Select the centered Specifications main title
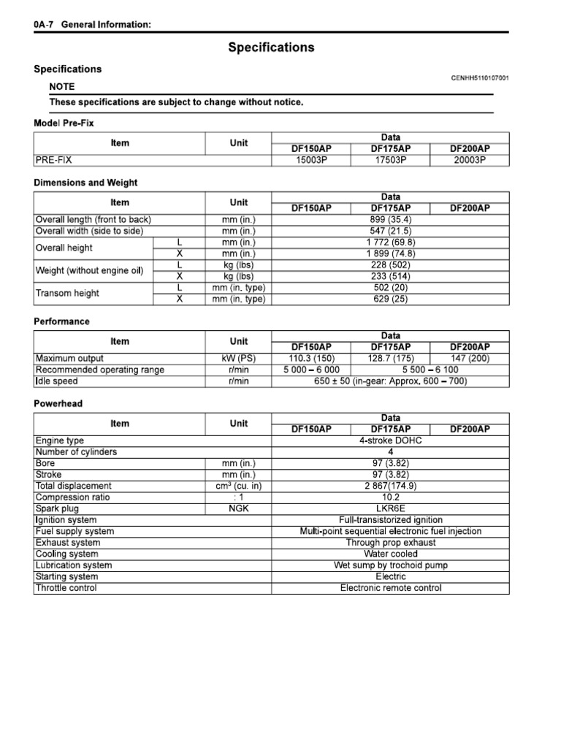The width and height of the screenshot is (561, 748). [x=271, y=47]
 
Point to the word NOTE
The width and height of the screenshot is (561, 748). [x=61, y=86]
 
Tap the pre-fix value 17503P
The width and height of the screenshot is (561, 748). [x=391, y=159]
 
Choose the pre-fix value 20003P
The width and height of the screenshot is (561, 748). [x=470, y=159]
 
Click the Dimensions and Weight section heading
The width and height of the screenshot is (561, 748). [x=85, y=183]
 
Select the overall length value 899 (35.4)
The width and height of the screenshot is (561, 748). [x=391, y=219]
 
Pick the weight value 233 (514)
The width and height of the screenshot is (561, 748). [x=391, y=276]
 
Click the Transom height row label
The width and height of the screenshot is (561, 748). [x=67, y=293]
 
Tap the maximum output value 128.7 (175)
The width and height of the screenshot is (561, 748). [x=391, y=359]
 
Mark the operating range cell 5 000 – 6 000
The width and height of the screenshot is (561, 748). [x=311, y=370]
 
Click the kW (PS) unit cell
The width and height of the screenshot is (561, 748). [x=239, y=359]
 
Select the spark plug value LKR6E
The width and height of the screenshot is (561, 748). [x=391, y=508]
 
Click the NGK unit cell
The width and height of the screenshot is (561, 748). [x=239, y=508]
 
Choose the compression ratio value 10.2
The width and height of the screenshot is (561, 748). [x=391, y=497]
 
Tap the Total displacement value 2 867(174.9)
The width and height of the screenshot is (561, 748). [x=391, y=486]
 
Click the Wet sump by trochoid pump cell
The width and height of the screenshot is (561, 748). [x=391, y=565]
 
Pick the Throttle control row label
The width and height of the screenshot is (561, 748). [x=66, y=588]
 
